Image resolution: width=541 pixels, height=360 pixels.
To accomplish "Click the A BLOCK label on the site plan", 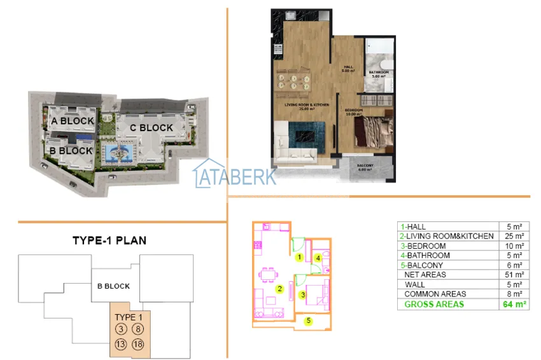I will click(x=73, y=120).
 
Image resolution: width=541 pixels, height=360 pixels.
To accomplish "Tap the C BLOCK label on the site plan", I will click(x=151, y=127).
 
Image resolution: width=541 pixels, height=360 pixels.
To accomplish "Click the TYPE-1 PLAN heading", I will click(x=109, y=240).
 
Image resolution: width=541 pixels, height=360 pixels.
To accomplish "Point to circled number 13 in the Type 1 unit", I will click(x=121, y=344).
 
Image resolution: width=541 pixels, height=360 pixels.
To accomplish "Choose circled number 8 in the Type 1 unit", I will click(x=138, y=329).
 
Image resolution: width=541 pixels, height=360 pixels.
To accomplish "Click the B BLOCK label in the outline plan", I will click(x=113, y=286).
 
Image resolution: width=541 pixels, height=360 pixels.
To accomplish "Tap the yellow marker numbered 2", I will click(x=279, y=289).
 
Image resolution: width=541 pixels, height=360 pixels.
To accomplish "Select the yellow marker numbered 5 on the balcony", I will click(x=309, y=321).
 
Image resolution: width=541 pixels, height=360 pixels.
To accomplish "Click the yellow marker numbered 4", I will click(x=318, y=258).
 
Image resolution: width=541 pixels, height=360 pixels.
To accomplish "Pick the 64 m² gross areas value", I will click(x=515, y=304).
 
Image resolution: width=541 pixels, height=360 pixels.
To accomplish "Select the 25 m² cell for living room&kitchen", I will click(x=515, y=236).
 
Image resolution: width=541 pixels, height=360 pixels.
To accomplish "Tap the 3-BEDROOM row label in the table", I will click(x=423, y=246).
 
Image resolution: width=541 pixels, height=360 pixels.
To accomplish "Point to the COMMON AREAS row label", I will click(x=435, y=294).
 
